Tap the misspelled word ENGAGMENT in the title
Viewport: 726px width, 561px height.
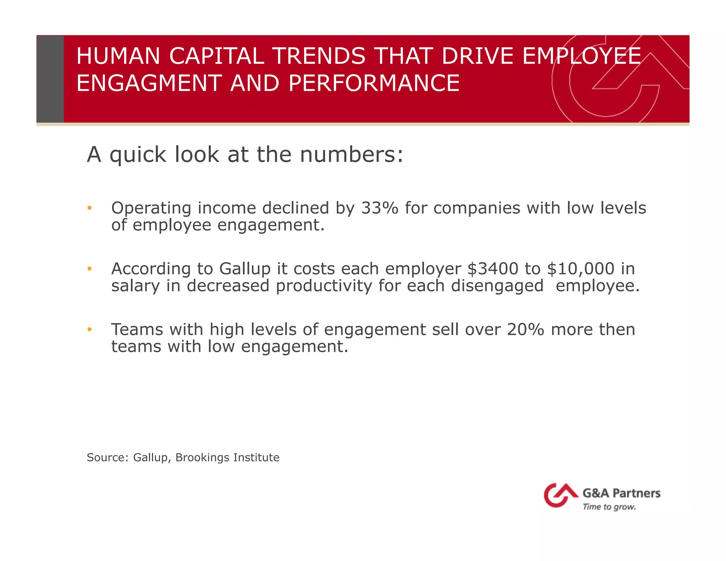click(x=149, y=83)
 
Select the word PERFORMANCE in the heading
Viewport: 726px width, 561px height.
click(x=374, y=83)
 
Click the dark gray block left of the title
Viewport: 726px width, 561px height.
click(x=50, y=79)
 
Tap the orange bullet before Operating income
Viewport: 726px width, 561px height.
click(x=90, y=208)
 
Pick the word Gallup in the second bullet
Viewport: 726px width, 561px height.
click(x=245, y=269)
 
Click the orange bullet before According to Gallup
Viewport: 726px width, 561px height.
click(x=90, y=269)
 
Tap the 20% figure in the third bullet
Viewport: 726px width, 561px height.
click(x=525, y=329)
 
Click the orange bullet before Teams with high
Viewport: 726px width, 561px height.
click(x=90, y=330)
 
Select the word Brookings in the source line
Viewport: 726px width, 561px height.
click(x=202, y=458)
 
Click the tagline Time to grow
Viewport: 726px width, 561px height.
click(x=609, y=507)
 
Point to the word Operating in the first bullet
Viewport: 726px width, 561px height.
click(x=151, y=209)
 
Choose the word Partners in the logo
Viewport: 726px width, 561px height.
click(x=636, y=493)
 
